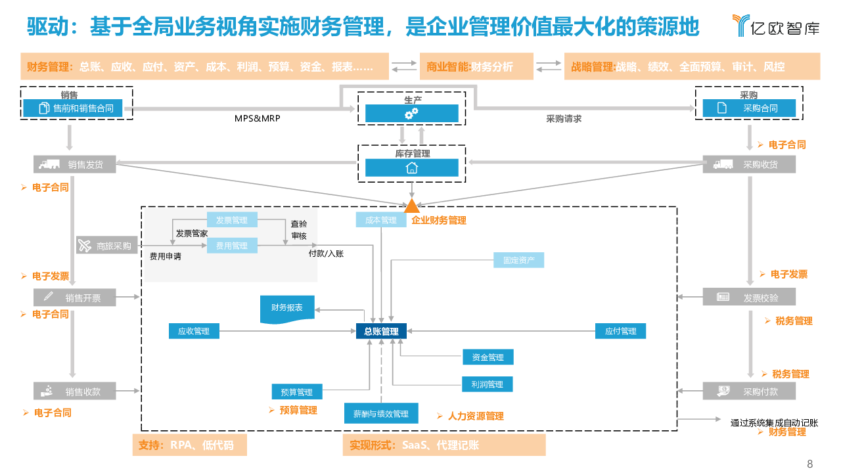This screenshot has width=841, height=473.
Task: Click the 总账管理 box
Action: (x=381, y=331)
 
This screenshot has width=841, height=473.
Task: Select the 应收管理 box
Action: (x=194, y=331)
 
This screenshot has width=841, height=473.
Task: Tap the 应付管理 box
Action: (x=620, y=331)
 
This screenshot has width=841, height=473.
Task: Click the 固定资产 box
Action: (x=519, y=260)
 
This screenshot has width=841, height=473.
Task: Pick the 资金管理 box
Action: (x=488, y=357)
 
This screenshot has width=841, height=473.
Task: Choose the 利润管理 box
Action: (x=488, y=384)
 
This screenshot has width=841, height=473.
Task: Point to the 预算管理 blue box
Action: (x=297, y=392)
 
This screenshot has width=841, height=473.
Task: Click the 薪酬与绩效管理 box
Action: (x=381, y=413)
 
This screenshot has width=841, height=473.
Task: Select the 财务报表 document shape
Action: (x=287, y=309)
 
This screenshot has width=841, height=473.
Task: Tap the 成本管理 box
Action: (x=381, y=220)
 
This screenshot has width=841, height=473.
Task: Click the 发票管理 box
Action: (x=232, y=220)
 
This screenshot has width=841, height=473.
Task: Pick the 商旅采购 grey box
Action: (x=108, y=246)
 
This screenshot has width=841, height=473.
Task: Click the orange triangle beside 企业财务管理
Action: (x=411, y=206)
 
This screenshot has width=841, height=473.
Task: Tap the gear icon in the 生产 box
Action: (x=411, y=114)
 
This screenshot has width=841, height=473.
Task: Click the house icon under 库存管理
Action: (x=411, y=168)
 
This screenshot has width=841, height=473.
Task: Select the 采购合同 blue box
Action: (x=749, y=108)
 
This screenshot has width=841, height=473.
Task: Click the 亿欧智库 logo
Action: (x=775, y=26)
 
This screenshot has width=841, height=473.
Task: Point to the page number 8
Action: (x=809, y=464)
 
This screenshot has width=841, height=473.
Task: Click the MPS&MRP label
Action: (x=258, y=119)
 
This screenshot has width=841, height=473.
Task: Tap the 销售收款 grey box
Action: (x=75, y=392)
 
